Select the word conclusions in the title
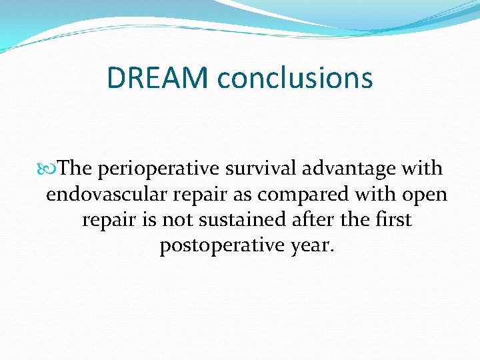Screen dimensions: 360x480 pyautogui.click(x=295, y=78)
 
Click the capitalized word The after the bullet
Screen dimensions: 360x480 pyautogui.click(x=75, y=169)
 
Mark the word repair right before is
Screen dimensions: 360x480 pyautogui.click(x=110, y=221)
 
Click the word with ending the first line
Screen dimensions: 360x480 pyautogui.click(x=421, y=169)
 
